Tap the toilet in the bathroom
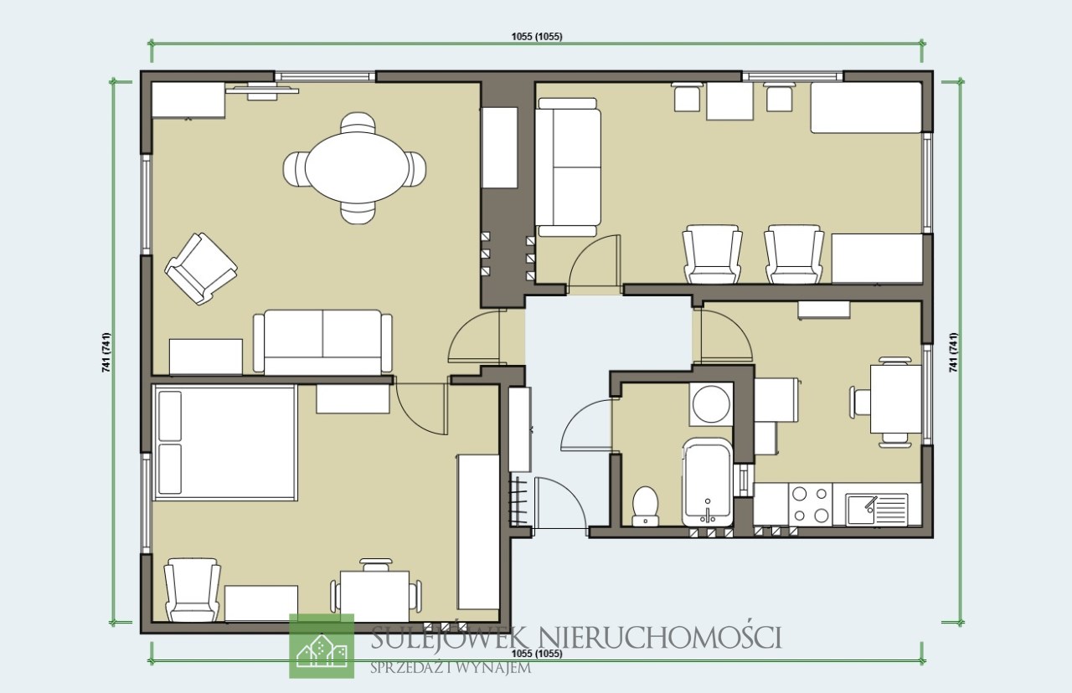pyautogui.click(x=645, y=506)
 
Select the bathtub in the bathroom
pyautogui.click(x=707, y=483)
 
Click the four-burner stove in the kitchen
pyautogui.click(x=810, y=504)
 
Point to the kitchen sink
pyautogui.click(x=876, y=509)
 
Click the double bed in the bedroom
pyautogui.click(x=224, y=443)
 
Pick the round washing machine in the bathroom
pyautogui.click(x=711, y=404)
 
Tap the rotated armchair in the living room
pyautogui.click(x=201, y=269)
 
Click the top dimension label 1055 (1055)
pyautogui.click(x=537, y=36)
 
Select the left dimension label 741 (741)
pyautogui.click(x=106, y=352)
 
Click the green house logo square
pyautogui.click(x=322, y=645)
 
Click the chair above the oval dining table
pyautogui.click(x=358, y=122)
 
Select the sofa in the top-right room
pyautogui.click(x=568, y=167)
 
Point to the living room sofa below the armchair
pyautogui.click(x=322, y=342)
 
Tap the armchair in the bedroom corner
pyautogui.click(x=192, y=590)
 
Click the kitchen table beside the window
pyautogui.click(x=896, y=398)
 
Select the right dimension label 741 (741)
pyautogui.click(x=953, y=352)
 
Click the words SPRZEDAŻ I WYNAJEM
pyautogui.click(x=451, y=668)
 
